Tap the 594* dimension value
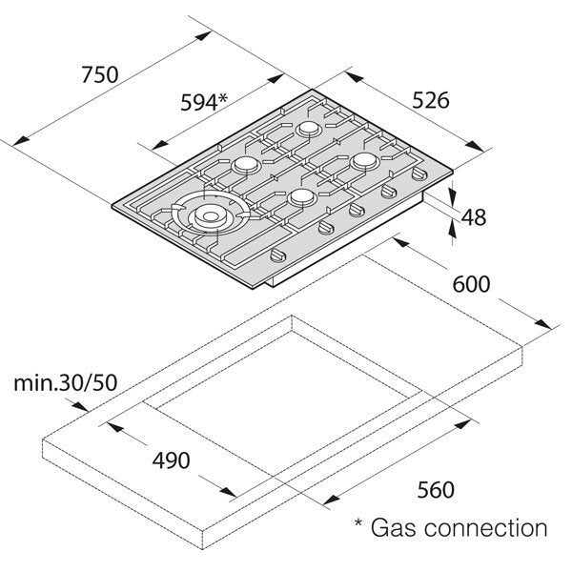pyautogui.click(x=205, y=102)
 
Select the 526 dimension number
pyautogui.click(x=430, y=99)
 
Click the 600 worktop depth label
pyautogui.click(x=471, y=284)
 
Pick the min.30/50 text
pyautogui.click(x=65, y=384)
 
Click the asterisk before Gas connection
pyautogui.click(x=357, y=524)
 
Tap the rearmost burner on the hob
pyautogui.click(x=309, y=129)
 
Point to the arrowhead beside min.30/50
pyautogui.click(x=87, y=410)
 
